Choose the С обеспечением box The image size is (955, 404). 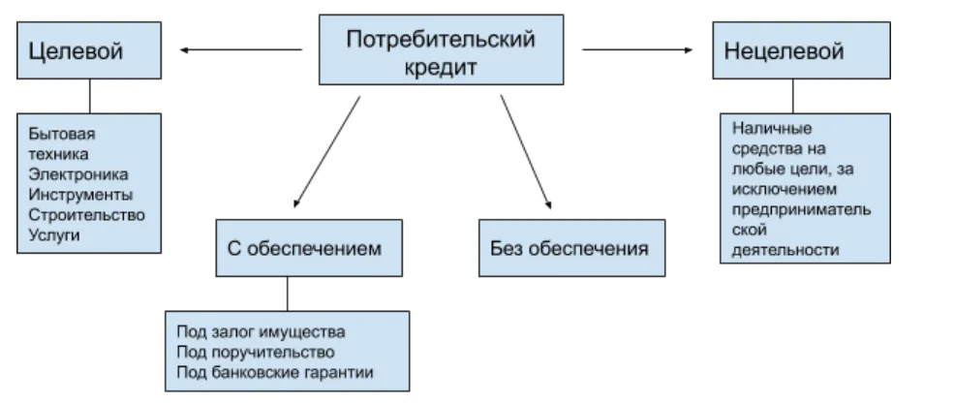click(x=291, y=249)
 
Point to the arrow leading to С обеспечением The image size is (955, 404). click(x=326, y=151)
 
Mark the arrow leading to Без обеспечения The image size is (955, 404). click(x=526, y=151)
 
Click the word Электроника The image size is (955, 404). click(x=77, y=173)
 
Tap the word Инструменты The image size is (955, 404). click(x=81, y=194)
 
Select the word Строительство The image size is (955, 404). click(x=86, y=214)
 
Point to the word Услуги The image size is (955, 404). click(x=54, y=234)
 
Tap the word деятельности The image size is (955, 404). click(x=785, y=250)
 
